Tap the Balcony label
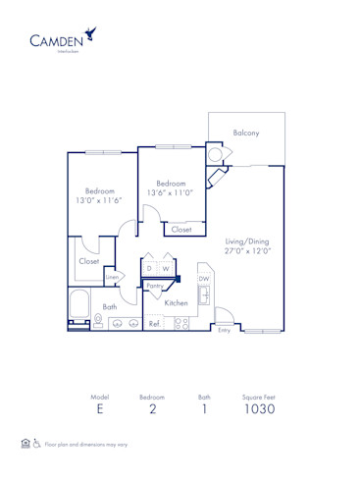tap(245, 133)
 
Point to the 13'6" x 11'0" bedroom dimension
tap(173, 192)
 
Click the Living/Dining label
tap(246, 240)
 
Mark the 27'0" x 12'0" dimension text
tap(246, 251)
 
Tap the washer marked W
tap(166, 268)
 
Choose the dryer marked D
tap(149, 268)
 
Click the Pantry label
tap(154, 286)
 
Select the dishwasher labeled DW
tap(204, 279)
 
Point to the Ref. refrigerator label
tap(154, 322)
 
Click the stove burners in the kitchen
tap(180, 321)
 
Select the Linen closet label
tap(112, 279)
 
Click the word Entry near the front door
tap(224, 332)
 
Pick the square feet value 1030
tap(259, 408)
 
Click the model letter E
tap(99, 408)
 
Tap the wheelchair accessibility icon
tap(36, 444)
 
